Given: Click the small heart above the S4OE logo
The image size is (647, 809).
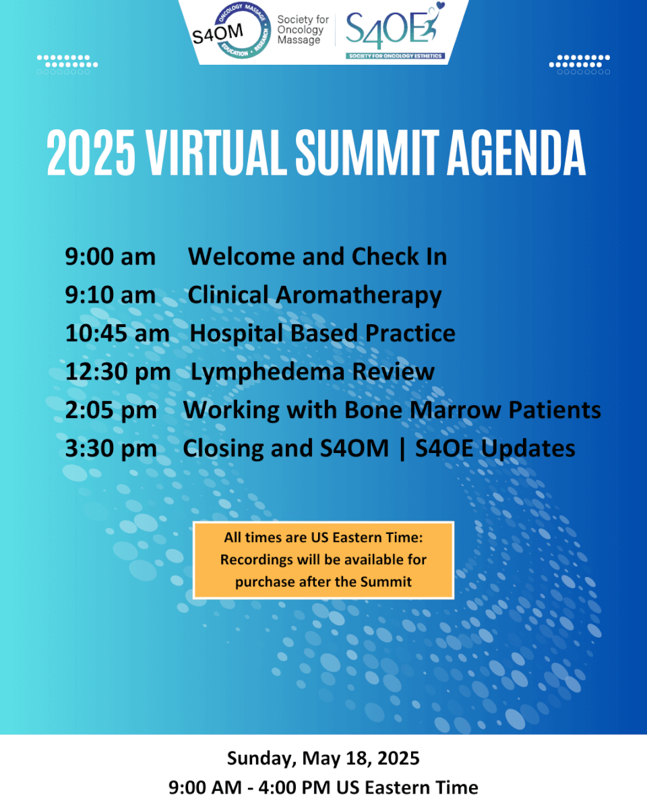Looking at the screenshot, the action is click(x=440, y=6).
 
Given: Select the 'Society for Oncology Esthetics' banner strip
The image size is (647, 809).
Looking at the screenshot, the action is click(x=395, y=56).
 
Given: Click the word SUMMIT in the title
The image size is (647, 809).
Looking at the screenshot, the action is click(x=367, y=152).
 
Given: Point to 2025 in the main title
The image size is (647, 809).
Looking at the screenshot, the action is click(x=91, y=152).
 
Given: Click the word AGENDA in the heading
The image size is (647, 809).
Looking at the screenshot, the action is click(x=516, y=152).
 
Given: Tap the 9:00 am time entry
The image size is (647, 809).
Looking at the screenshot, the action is click(x=110, y=257).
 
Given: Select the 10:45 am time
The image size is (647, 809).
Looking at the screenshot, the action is click(x=117, y=334).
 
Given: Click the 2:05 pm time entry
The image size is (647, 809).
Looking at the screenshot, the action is click(x=111, y=410).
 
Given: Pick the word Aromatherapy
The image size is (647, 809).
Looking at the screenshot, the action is click(x=359, y=295).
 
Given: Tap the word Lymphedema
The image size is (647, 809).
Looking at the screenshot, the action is click(x=268, y=373).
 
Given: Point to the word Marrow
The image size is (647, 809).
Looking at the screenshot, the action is click(x=456, y=410).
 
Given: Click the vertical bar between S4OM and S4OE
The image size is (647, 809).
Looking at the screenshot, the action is click(x=402, y=449).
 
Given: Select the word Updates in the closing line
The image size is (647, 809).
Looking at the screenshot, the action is click(x=528, y=449).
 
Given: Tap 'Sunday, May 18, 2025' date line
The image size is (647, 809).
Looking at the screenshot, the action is click(x=323, y=758).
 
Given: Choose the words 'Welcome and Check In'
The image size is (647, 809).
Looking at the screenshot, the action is click(x=317, y=257).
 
